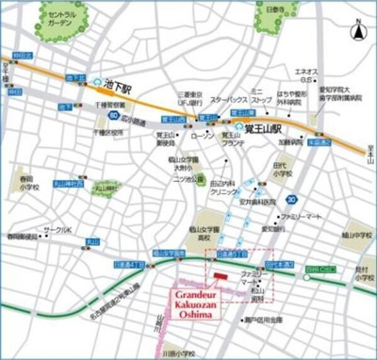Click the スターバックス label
tap(229, 99)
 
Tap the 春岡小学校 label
tap(25, 181)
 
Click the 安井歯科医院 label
tap(254, 201)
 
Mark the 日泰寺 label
tap(248, 10)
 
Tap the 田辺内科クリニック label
tap(222, 187)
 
